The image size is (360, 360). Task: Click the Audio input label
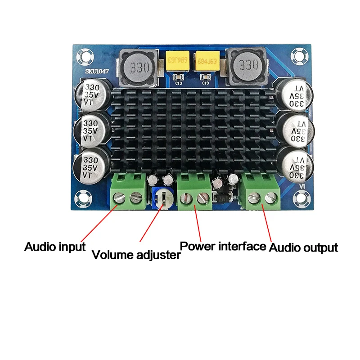pyautogui.click(x=54, y=247)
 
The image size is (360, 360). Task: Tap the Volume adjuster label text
pyautogui.click(x=136, y=255)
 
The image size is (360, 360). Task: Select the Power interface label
pyautogui.click(x=223, y=246)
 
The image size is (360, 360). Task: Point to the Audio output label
pyautogui.click(x=303, y=247)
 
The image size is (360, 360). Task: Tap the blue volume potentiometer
pyautogui.click(x=162, y=198)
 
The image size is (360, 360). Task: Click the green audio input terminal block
pyautogui.click(x=127, y=191)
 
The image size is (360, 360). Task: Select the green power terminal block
pyautogui.click(x=195, y=191)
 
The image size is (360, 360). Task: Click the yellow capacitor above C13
pyautogui.click(x=178, y=60)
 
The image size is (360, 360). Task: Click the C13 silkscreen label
pyautogui.click(x=178, y=83)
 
